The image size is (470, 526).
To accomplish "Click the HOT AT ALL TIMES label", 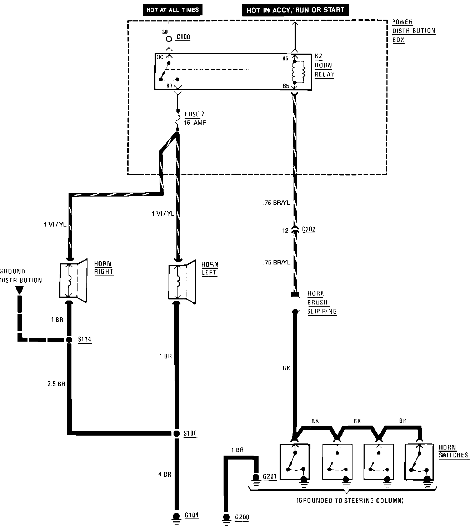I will pyautogui.click(x=172, y=10).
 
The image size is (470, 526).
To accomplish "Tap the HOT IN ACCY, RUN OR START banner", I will pyautogui.click(x=295, y=10).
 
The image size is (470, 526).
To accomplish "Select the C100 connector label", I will pyautogui.click(x=183, y=37).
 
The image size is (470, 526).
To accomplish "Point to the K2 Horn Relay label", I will pyautogui.click(x=324, y=66).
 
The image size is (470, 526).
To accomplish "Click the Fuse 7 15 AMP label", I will pyautogui.click(x=195, y=118).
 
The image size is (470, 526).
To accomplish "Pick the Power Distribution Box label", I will pyautogui.click(x=414, y=31).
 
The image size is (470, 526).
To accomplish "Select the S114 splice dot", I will pyautogui.click(x=69, y=339).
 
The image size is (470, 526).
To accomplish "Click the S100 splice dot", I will pyautogui.click(x=176, y=433).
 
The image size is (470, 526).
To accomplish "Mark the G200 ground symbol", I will pyautogui.click(x=226, y=518).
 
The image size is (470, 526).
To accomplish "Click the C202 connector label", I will pyautogui.click(x=309, y=230).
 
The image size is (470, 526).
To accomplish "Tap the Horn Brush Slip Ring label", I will pyautogui.click(x=321, y=302).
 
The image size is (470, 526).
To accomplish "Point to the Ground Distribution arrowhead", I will pyautogui.click(x=20, y=290).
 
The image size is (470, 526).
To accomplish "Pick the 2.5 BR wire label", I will pyautogui.click(x=56, y=384).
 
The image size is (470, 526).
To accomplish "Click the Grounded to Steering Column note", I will pyautogui.click(x=350, y=501).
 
